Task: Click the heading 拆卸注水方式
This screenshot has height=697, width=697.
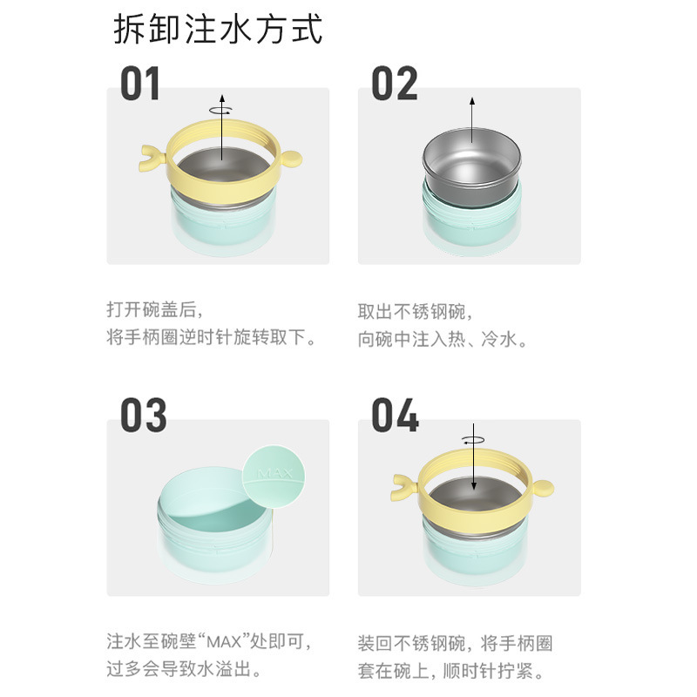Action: (x=218, y=29)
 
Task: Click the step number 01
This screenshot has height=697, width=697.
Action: (x=140, y=85)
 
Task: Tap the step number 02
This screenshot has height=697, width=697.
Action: (x=395, y=85)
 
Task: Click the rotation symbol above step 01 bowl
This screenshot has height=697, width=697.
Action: (x=223, y=110)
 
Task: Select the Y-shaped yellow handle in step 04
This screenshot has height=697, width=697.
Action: (x=403, y=484)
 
